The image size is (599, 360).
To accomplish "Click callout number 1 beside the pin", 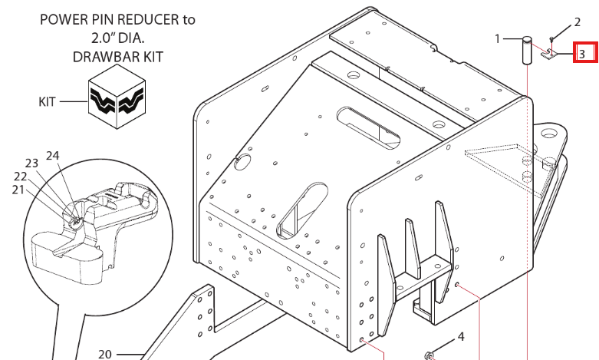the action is [x=498, y=38].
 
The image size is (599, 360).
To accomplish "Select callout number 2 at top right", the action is [x=578, y=22].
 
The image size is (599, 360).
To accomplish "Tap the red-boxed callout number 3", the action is [x=582, y=54].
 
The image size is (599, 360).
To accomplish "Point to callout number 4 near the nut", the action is [x=461, y=337].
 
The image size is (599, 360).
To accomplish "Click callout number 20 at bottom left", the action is [x=104, y=355].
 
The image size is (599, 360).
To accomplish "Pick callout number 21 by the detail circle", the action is [x=18, y=190].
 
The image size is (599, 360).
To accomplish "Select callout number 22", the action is [x=20, y=177].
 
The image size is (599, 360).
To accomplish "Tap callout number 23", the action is [x=31, y=163].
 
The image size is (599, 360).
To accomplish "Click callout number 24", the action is [x=53, y=156].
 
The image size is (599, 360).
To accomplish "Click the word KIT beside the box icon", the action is [x=47, y=101].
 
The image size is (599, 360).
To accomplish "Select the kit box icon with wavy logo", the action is [x=117, y=96].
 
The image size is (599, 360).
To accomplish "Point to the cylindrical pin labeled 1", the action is [x=527, y=50].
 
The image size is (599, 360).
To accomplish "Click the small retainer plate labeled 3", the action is [x=549, y=54].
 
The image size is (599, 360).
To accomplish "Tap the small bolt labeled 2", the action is [x=551, y=40].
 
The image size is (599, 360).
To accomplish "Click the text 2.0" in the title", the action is [x=101, y=38].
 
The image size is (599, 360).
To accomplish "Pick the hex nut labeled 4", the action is [x=429, y=355].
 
